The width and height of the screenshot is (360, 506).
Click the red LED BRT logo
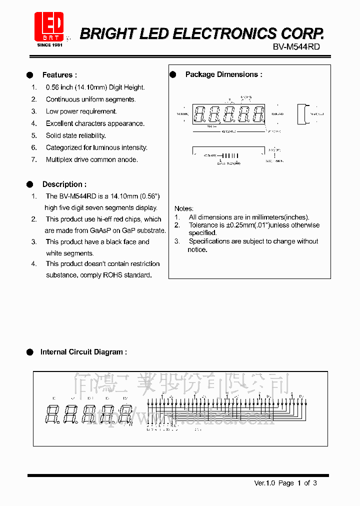[48, 27]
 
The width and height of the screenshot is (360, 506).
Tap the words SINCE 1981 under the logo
[49, 45]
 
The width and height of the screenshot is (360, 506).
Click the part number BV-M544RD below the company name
[296, 46]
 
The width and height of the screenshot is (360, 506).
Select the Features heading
[59, 75]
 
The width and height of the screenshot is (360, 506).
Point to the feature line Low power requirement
[81, 111]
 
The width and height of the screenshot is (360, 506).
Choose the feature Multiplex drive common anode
[91, 159]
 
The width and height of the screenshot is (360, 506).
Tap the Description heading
[64, 184]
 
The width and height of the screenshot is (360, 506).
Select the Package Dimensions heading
[223, 74]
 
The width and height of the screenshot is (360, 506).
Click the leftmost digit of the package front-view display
[198, 114]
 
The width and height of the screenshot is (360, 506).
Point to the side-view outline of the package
[301, 114]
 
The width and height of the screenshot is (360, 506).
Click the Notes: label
[183, 208]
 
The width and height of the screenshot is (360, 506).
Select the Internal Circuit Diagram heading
[83, 352]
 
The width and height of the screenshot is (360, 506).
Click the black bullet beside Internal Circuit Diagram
[30, 352]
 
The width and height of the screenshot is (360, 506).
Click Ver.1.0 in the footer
[265, 483]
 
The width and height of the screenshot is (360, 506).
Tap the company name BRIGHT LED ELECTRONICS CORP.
[202, 33]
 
